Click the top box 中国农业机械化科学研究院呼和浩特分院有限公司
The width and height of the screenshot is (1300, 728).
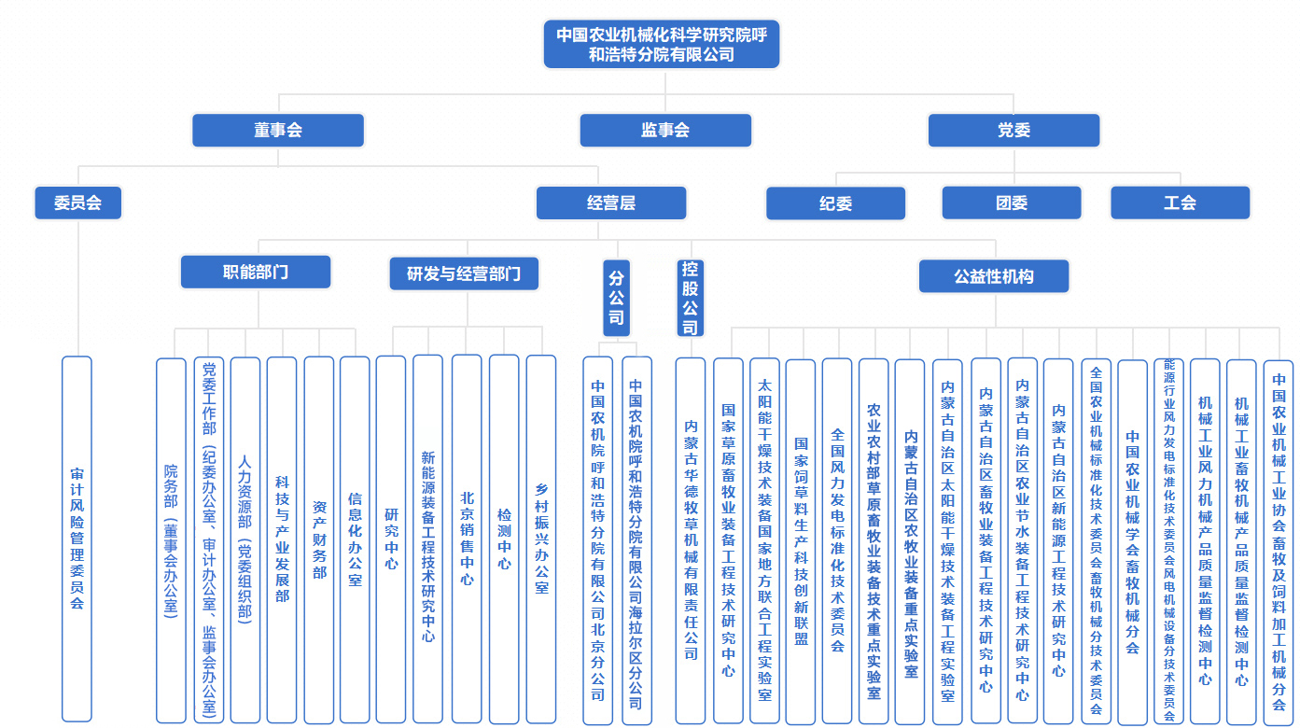point(661,44)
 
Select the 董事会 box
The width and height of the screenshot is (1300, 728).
point(277,131)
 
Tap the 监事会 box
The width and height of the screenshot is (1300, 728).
point(664,131)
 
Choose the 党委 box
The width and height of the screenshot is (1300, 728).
point(1013,131)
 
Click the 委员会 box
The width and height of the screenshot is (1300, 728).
point(77,203)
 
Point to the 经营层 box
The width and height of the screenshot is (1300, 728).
point(610,203)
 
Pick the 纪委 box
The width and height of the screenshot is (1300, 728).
point(835,203)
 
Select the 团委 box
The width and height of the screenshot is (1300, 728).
point(1011,203)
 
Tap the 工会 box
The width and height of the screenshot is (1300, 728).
point(1180,203)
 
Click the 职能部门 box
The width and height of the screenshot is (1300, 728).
point(255,273)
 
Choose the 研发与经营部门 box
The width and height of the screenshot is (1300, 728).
point(463,274)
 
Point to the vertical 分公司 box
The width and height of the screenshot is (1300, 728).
point(616,297)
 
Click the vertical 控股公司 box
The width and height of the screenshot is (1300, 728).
point(690,297)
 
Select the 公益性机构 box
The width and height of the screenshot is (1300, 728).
point(993,276)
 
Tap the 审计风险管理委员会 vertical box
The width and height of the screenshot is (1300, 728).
point(77,539)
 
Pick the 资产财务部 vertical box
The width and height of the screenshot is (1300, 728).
point(319,539)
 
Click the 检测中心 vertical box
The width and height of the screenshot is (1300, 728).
point(504,539)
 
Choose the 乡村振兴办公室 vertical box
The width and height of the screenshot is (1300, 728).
point(541,539)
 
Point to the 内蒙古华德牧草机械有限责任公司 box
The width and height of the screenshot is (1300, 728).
point(691,539)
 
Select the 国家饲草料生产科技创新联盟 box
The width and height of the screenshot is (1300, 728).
point(800,541)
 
